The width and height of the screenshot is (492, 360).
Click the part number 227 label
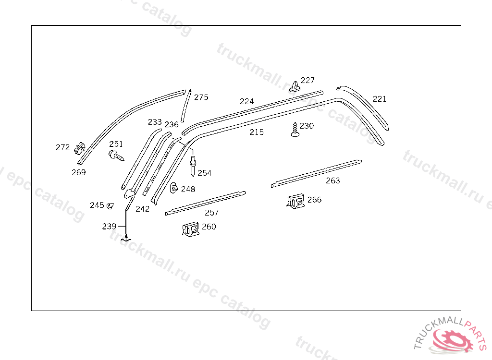click(307, 80)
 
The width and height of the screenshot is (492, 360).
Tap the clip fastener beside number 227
click(295, 86)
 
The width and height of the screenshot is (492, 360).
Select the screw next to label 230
click(295, 130)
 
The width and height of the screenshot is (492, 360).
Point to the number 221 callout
click(380, 99)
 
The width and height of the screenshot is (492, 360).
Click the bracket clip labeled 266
click(295, 201)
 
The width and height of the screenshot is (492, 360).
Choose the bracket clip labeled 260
click(190, 229)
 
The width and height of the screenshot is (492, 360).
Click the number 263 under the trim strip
click(332, 180)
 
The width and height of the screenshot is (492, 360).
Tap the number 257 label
click(211, 213)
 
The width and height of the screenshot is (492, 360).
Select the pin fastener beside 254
click(193, 166)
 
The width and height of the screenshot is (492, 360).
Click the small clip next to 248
click(173, 188)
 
